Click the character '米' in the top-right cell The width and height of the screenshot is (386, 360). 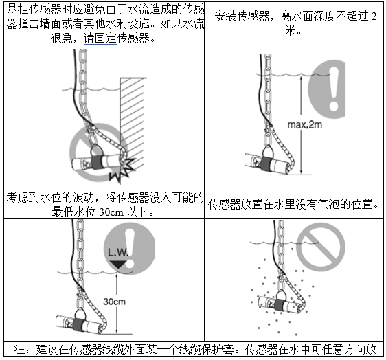click(291, 32)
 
